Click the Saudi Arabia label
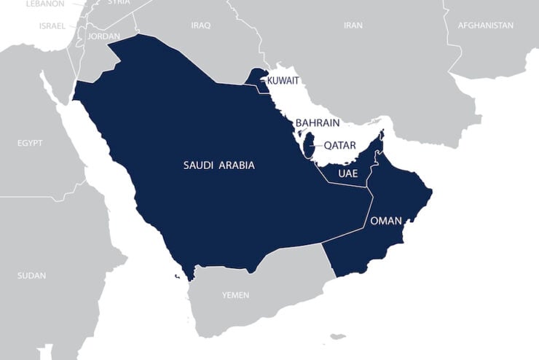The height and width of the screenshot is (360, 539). tap(219, 165)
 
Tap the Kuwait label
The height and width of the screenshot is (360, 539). tap(283, 80)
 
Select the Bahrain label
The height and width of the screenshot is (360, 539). tap(317, 123)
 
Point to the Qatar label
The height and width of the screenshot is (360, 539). tap(340, 146)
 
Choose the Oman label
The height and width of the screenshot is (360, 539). tap(386, 221)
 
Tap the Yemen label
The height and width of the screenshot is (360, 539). tap(235, 295)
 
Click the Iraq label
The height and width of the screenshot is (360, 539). tap(200, 26)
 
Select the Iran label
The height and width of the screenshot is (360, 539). tap(353, 26)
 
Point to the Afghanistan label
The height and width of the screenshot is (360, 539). tap(485, 26)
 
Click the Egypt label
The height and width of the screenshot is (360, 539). tap(30, 143)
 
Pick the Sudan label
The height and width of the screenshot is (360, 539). tap(31, 275)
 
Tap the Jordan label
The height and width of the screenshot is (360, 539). tap(103, 36)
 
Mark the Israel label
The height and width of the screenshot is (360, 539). tap(52, 26)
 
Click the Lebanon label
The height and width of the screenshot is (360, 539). tap(44, 4)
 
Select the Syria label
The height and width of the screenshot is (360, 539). tap(119, 2)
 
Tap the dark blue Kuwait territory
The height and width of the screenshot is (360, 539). tap(256, 79)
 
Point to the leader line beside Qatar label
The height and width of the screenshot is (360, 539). tap(317, 146)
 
